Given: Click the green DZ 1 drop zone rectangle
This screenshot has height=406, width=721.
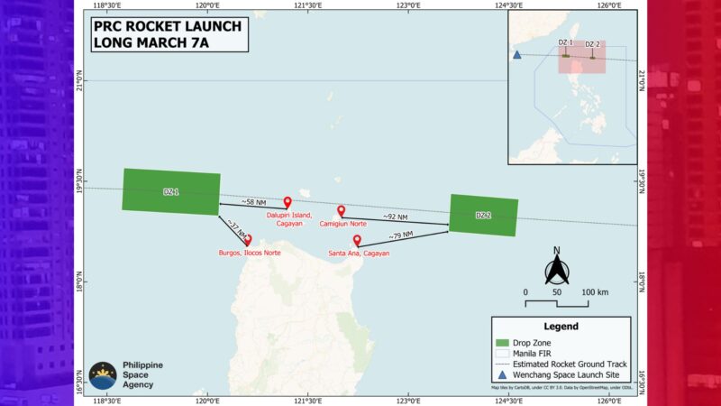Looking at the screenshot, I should pos(171,192).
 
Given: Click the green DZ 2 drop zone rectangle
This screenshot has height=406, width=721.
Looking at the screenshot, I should pos(483,215).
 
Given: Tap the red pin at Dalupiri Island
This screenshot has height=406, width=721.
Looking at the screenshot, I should pos(287,203).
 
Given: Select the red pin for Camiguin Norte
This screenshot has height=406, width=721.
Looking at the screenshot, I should pos(341,210).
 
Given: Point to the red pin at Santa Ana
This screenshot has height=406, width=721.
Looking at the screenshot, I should pos(357,241).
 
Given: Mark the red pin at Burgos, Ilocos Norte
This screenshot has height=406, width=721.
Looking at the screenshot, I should pos(248,240).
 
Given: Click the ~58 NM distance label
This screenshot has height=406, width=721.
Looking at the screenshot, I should pos(254,201).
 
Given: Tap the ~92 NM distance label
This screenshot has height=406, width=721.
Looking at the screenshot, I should pos(395,217).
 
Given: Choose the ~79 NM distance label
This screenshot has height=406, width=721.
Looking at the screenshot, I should pos(401,236).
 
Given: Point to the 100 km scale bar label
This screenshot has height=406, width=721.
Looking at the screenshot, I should pos(594,292).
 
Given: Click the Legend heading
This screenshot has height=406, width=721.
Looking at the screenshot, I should pos(560,327).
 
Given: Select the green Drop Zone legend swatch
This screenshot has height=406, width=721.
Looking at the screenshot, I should pos(503,343).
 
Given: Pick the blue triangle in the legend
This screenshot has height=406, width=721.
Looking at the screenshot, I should pos(503,376).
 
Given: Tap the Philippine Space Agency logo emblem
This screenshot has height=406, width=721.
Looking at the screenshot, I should pos(103,375).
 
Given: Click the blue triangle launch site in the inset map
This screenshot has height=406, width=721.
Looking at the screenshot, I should pos(517,54).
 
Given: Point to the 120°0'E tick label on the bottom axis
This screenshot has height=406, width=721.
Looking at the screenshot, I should pos(208,400).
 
